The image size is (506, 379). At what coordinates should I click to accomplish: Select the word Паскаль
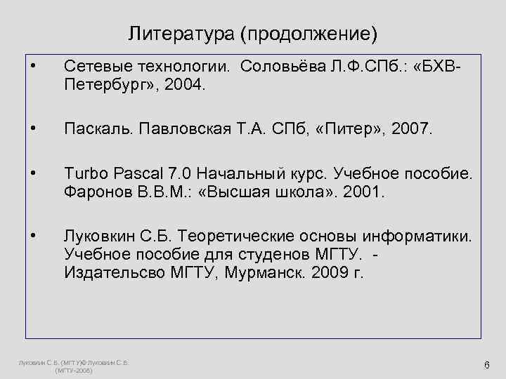[x=98, y=128]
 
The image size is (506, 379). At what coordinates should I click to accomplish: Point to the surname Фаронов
[x=93, y=191]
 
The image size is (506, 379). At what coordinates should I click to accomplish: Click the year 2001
[x=367, y=191]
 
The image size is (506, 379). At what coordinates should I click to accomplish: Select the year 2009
[x=327, y=272]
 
